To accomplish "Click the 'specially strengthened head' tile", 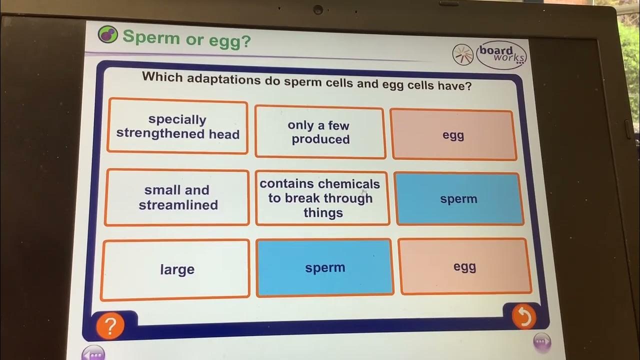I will pyautogui.click(x=177, y=127).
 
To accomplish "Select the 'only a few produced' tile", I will pyautogui.click(x=319, y=132).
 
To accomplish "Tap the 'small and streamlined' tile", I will pyautogui.click(x=177, y=197).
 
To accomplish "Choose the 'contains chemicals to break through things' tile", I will pyautogui.click(x=321, y=198).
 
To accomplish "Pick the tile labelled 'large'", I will pyautogui.click(x=176, y=269).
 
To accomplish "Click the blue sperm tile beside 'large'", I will pyautogui.click(x=324, y=268).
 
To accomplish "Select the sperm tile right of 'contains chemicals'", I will pyautogui.click(x=459, y=199).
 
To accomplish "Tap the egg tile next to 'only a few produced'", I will pyautogui.click(x=453, y=135).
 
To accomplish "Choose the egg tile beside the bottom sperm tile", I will pyautogui.click(x=464, y=266).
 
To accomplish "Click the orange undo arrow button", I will pyautogui.click(x=523, y=316).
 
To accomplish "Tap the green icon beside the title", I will pyautogui.click(x=107, y=35).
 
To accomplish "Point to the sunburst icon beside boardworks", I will pyautogui.click(x=462, y=54).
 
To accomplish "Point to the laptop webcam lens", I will pyautogui.click(x=317, y=9).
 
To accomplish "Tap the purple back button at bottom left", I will pyautogui.click(x=93, y=353).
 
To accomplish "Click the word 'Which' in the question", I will pyautogui.click(x=160, y=76).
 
